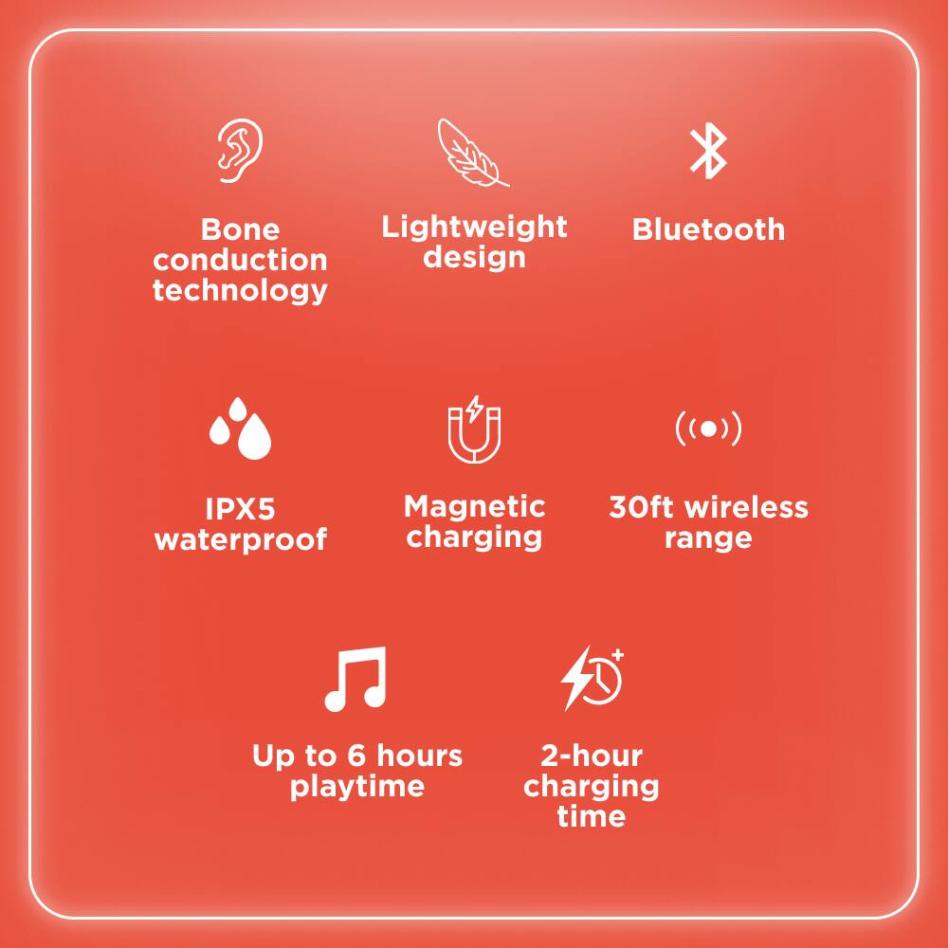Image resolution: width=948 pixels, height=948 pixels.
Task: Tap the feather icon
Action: click(x=471, y=153)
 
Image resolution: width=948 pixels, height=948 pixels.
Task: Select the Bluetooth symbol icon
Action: click(x=708, y=152)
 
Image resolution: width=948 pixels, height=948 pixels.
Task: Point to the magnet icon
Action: click(x=474, y=431)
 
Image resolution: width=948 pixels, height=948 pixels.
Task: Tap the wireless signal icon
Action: click(x=708, y=428)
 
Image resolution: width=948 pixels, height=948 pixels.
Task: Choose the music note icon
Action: click(x=355, y=679)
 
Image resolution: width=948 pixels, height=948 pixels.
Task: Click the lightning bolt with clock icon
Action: click(x=592, y=678)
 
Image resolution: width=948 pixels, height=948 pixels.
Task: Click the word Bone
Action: click(x=240, y=230)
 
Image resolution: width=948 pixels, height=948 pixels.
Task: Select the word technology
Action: click(x=240, y=290)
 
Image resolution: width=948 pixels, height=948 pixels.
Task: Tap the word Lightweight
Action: click(x=474, y=228)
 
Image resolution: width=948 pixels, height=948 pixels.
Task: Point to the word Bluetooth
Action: click(x=708, y=230)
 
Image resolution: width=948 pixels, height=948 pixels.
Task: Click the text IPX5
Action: click(x=241, y=509)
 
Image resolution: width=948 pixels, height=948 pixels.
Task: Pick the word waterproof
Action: click(x=241, y=540)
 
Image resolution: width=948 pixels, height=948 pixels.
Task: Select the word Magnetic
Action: click(x=474, y=506)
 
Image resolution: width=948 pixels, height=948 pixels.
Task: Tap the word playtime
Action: click(x=357, y=787)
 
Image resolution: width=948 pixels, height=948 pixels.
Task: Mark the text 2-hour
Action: click(x=592, y=757)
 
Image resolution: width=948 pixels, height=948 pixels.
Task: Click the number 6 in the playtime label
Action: click(x=357, y=757)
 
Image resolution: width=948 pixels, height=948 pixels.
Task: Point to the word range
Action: click(x=708, y=538)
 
